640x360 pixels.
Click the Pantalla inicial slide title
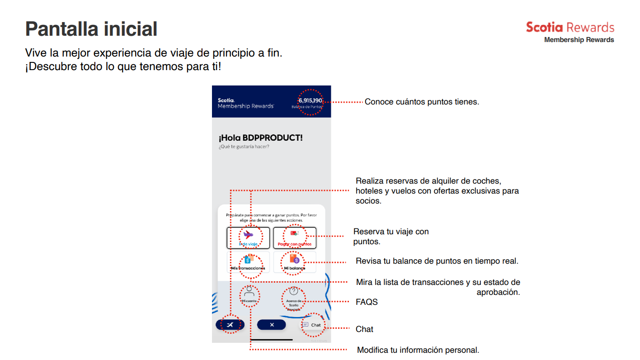tap(91, 29)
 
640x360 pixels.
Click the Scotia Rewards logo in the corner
tap(569, 32)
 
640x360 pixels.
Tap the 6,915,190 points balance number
tap(310, 100)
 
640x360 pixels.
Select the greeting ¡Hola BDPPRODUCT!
tap(260, 138)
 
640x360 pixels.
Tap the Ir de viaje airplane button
tap(248, 237)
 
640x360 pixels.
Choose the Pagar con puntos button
tap(294, 237)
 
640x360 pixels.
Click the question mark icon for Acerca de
tap(293, 291)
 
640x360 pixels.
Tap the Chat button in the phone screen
tap(312, 325)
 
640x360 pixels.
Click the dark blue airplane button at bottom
tap(230, 325)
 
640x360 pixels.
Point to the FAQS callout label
tap(367, 302)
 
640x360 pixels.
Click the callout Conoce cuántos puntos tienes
tap(422, 102)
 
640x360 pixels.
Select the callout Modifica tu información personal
tap(418, 350)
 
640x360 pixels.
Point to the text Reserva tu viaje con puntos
tap(391, 237)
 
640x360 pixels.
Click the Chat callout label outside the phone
tap(364, 329)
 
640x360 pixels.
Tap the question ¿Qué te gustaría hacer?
tap(244, 147)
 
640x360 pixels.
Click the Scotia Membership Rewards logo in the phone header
tap(245, 104)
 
